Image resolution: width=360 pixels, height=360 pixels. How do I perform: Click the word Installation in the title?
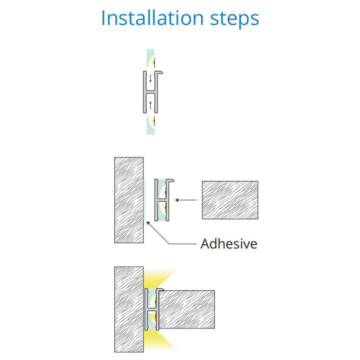(153, 18)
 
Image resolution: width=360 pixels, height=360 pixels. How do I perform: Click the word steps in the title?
(234, 19)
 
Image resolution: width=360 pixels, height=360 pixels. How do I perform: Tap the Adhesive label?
(229, 243)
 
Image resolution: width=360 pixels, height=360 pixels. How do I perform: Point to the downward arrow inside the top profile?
(150, 78)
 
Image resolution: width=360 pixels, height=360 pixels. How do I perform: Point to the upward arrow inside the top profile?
(150, 105)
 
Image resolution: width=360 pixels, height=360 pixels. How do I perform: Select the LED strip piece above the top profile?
(151, 58)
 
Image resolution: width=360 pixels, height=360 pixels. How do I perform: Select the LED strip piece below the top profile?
(151, 126)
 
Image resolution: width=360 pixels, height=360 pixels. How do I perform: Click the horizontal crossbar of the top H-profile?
(151, 92)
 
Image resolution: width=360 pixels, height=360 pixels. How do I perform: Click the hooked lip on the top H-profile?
(159, 72)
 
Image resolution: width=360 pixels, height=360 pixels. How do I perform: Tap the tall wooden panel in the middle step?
(129, 200)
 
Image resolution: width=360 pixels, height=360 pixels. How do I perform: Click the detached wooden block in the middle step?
(230, 200)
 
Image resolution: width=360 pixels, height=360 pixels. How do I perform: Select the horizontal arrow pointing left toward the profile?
(186, 200)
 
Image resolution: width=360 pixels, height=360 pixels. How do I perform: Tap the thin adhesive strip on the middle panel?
(144, 200)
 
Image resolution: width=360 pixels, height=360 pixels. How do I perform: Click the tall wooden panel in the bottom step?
(129, 309)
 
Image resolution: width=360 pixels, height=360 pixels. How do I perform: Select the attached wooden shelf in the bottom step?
(186, 309)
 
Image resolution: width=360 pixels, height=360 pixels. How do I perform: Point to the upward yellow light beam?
(158, 278)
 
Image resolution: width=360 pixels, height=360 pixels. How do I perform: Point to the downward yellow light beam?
(158, 341)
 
